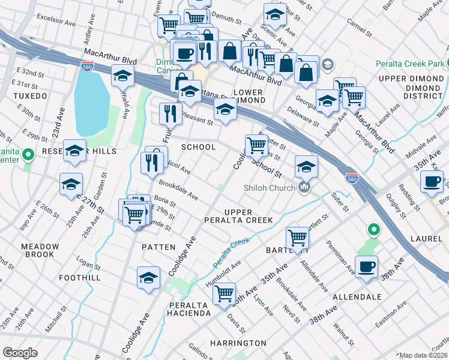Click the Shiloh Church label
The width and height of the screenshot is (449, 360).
coord(269,188)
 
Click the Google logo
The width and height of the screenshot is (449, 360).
coord(20,353)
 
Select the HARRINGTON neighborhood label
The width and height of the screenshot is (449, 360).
coord(238,343)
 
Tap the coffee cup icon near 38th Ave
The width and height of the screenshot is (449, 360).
coord(366,266)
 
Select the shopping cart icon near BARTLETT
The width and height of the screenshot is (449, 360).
coord(297,238)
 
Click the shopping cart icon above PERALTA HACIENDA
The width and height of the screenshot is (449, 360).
coord(224,294)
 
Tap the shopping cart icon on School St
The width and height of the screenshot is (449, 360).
coord(256,145)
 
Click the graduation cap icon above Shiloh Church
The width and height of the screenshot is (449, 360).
coord(306,166)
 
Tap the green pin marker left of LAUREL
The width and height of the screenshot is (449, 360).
coord(373,229)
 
